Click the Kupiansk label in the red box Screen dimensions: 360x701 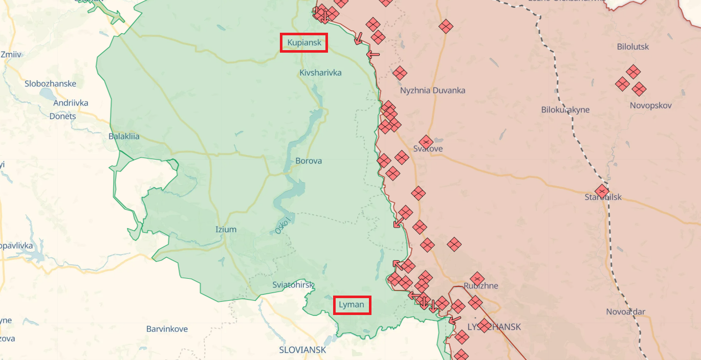click(304, 43)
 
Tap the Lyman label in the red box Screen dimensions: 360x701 click(352, 305)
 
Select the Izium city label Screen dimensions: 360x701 click(226, 230)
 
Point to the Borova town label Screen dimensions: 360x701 click(309, 161)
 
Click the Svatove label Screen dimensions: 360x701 click(428, 149)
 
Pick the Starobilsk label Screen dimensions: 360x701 click(603, 197)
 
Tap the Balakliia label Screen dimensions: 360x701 click(124, 137)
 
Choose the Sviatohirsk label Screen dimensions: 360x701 click(293, 285)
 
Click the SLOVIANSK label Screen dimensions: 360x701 click(302, 350)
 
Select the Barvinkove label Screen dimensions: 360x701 click(167, 329)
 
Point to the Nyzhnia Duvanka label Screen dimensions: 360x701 click(432, 91)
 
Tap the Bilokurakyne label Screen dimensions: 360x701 click(565, 110)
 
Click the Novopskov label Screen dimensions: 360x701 click(651, 106)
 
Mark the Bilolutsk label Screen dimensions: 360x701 click(633, 47)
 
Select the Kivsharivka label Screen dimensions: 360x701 click(320, 73)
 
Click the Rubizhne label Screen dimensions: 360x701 click(480, 286)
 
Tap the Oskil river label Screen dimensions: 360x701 click(282, 226)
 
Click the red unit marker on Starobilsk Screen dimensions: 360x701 click(602, 191)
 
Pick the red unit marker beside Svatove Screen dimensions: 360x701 click(426, 142)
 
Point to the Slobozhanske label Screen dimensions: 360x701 click(50, 84)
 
